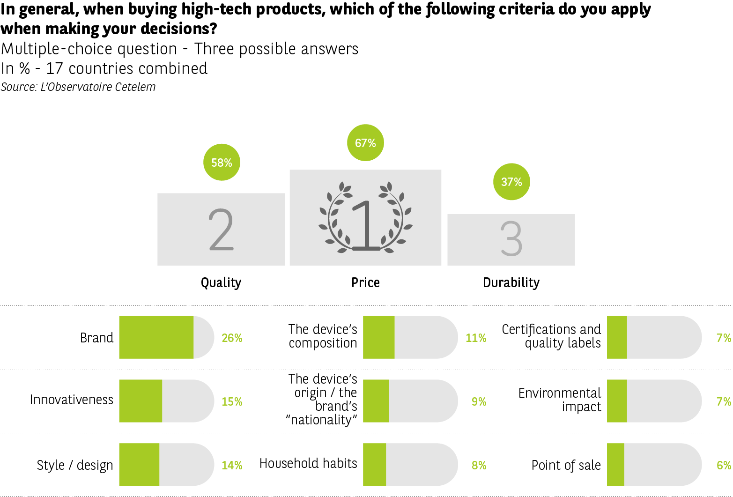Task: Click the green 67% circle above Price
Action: click(x=365, y=143)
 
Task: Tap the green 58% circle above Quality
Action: click(x=222, y=163)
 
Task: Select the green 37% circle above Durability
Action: click(x=511, y=182)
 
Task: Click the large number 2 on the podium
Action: click(x=221, y=230)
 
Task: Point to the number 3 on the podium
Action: click(x=511, y=239)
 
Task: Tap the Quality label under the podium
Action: click(x=221, y=282)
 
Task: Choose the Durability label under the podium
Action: click(x=511, y=282)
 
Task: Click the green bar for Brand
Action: click(x=156, y=337)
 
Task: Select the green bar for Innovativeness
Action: click(x=141, y=401)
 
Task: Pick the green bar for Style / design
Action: click(x=139, y=465)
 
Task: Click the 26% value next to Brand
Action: click(x=232, y=338)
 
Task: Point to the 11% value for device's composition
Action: click(x=476, y=338)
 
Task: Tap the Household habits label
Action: click(x=308, y=463)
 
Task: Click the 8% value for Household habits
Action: click(x=479, y=465)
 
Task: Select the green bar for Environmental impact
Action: click(x=617, y=401)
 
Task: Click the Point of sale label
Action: click(x=566, y=465)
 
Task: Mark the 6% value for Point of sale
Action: click(x=724, y=465)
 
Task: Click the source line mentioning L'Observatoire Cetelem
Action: click(x=78, y=87)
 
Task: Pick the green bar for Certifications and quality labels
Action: click(x=617, y=337)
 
